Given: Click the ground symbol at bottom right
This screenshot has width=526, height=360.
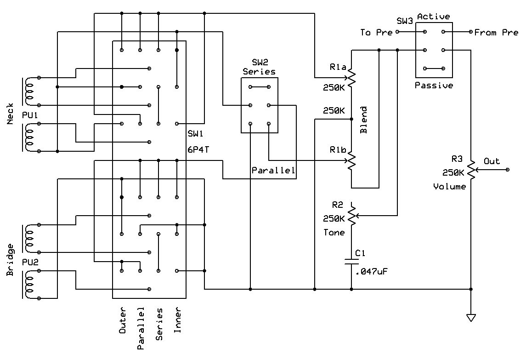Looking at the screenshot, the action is [471, 318].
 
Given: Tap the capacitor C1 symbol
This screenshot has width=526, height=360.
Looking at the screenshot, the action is [351, 262].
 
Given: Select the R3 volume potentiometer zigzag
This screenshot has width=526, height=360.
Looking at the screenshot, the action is [471, 170].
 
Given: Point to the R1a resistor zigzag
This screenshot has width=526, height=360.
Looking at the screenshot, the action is [351, 78].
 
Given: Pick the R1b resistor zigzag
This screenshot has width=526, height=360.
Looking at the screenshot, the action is [351, 160].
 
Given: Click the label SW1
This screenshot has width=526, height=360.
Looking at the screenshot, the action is [195, 134].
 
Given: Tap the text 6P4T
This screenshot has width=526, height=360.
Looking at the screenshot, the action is [198, 150].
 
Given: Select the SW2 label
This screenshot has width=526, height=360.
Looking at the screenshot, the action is [260, 62].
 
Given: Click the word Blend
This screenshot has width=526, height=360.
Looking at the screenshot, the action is [364, 120].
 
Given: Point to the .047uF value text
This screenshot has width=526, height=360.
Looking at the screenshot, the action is [371, 271].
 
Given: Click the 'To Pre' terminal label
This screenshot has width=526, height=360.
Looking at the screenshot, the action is [376, 32].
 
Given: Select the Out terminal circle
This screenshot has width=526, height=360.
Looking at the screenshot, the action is [508, 170].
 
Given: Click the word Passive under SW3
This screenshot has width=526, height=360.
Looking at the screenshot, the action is [434, 86].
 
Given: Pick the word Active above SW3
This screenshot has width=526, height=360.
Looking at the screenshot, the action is [433, 17].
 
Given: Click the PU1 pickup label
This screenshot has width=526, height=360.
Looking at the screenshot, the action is [30, 115].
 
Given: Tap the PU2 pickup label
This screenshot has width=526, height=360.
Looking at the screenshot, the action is [30, 262].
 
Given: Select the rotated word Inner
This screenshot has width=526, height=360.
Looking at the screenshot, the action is [177, 320].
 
